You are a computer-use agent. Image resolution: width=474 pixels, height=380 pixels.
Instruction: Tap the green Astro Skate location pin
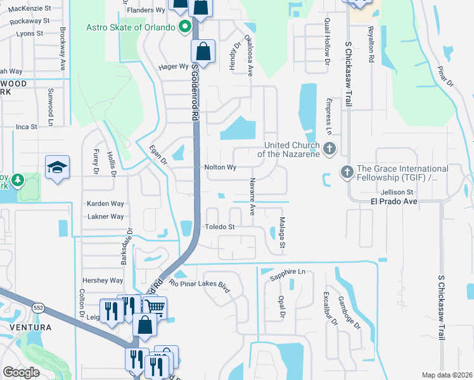tap(185, 27)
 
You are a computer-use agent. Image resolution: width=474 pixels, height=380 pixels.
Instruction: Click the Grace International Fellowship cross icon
tap(347, 171)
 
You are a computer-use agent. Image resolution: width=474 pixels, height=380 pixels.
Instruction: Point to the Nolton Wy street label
tap(221, 168)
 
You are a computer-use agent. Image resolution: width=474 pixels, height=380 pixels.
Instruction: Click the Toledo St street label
tap(219, 227)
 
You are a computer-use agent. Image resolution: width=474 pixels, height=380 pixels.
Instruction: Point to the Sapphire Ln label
tap(288, 272)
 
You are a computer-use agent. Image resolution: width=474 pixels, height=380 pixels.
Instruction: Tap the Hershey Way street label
tap(103, 281)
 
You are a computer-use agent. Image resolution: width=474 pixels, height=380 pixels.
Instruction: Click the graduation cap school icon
tap(57, 167)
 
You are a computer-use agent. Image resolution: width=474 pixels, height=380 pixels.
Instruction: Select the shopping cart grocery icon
tap(155, 308)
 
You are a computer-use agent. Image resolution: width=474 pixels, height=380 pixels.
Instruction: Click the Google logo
tap(21, 372)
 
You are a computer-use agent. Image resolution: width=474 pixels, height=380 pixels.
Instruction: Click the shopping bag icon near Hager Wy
tap(203, 51)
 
